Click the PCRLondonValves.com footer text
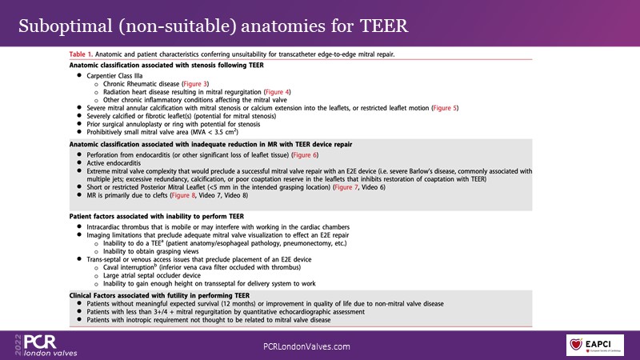coord(307,346)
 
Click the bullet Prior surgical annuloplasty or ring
coord(177,123)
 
